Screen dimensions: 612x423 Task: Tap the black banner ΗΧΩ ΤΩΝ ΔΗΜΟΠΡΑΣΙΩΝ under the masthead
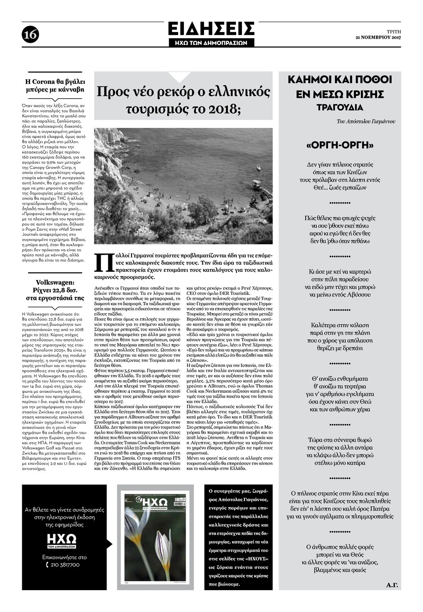211,42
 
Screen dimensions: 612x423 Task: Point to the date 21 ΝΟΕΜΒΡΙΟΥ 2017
378,38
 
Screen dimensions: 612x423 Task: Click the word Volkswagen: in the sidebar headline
55,283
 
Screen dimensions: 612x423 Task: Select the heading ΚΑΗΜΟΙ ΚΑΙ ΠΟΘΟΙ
339,80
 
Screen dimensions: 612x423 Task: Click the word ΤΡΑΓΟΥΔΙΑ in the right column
339,108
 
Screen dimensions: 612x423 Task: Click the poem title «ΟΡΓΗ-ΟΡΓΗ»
340,146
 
